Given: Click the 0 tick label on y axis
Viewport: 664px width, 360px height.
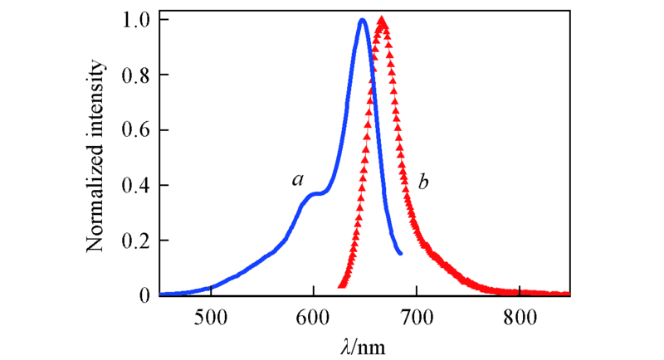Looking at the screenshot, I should [144, 295].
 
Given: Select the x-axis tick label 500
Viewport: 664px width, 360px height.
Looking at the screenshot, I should [211, 316].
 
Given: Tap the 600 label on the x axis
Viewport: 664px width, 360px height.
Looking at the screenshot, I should [313, 316].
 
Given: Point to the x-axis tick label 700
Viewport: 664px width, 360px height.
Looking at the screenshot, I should [416, 316].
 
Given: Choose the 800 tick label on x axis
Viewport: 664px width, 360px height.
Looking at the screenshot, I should [519, 316].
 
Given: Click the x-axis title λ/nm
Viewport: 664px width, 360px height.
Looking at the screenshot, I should [364, 343].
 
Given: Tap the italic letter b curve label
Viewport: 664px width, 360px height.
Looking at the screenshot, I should [422, 179].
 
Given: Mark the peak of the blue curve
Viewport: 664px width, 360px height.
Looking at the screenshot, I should [363, 20].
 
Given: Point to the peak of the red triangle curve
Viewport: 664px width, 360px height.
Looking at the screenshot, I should [382, 20].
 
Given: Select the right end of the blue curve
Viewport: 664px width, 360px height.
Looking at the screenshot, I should [401, 253].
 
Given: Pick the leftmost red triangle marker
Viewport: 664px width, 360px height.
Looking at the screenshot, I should [340, 285].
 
